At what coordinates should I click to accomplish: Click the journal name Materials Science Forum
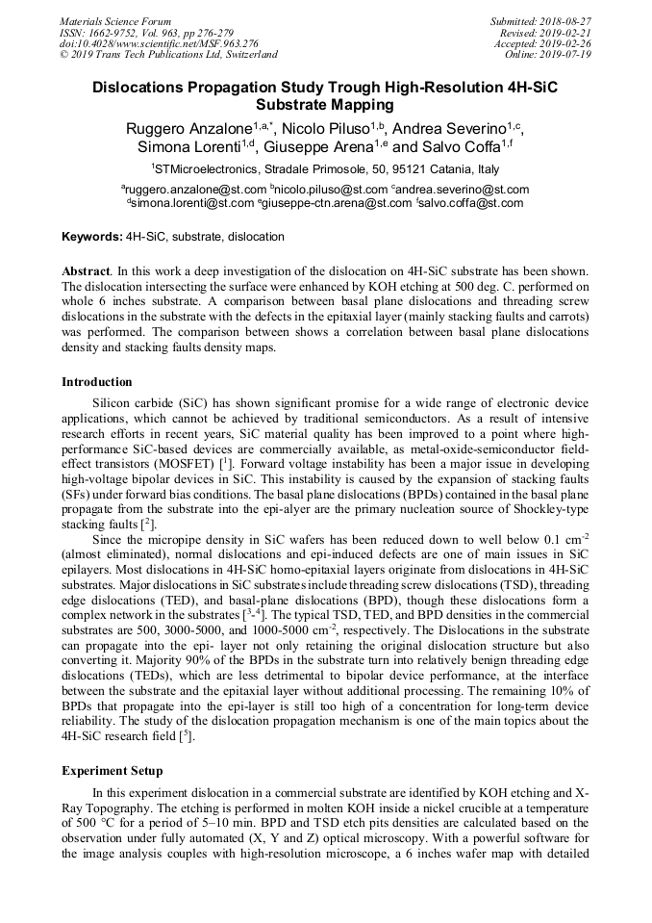click(x=115, y=20)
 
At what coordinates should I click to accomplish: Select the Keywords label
click(x=92, y=237)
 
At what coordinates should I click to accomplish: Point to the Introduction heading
click(x=97, y=382)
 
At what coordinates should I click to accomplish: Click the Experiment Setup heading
click(x=113, y=771)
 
